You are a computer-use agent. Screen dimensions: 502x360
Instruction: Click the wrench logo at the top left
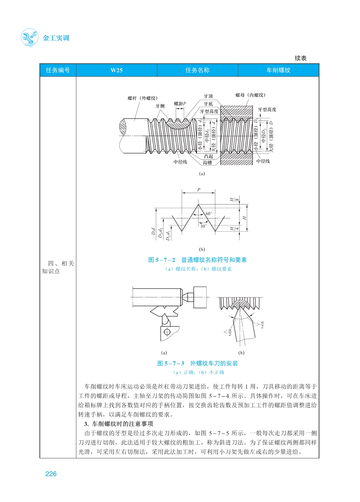pyautogui.click(x=29, y=37)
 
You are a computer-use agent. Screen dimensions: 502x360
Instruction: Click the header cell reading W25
pyautogui.click(x=116, y=70)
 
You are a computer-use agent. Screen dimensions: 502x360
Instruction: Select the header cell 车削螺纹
pyautogui.click(x=278, y=70)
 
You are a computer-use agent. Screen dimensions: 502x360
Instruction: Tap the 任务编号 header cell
pyautogui.click(x=58, y=70)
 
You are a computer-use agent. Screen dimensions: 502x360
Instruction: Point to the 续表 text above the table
pyautogui.click(x=300, y=58)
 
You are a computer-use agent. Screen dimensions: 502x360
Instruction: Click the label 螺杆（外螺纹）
pyautogui.click(x=142, y=98)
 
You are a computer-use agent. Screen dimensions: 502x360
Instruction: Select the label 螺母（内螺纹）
pyautogui.click(x=250, y=95)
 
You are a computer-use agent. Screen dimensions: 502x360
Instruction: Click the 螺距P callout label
pyautogui.click(x=180, y=104)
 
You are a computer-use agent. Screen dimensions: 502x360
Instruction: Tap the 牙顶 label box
pyautogui.click(x=208, y=96)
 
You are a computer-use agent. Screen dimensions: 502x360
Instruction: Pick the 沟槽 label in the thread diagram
pyautogui.click(x=207, y=163)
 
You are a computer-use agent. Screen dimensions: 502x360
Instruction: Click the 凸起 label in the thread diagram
pyautogui.click(x=208, y=156)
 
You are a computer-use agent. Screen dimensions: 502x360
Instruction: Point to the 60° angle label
pyautogui.click(x=209, y=214)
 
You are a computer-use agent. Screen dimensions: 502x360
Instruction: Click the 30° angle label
pyautogui.click(x=203, y=226)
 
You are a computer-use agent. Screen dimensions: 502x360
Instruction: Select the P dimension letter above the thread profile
pyautogui.click(x=198, y=190)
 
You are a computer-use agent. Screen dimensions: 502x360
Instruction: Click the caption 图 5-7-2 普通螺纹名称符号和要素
pyautogui.click(x=197, y=260)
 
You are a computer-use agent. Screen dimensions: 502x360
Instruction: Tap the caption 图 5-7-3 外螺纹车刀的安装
pyautogui.click(x=197, y=363)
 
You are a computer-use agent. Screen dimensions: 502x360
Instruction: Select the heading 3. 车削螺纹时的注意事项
pyautogui.click(x=119, y=424)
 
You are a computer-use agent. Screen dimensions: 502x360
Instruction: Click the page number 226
pyautogui.click(x=51, y=474)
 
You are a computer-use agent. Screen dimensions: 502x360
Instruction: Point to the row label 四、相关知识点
pyautogui.click(x=58, y=267)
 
